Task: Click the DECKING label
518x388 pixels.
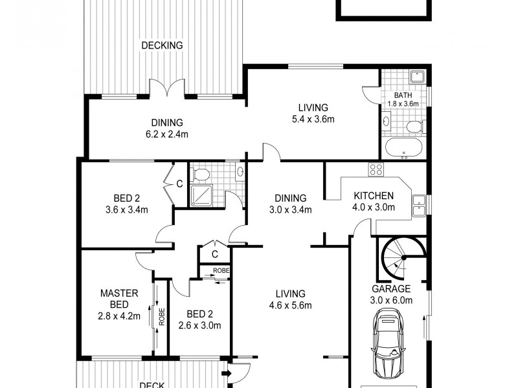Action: pos(162,45)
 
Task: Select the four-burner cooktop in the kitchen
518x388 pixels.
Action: pos(376,169)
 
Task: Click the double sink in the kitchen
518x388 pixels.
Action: pos(418,206)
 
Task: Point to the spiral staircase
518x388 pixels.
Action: pos(403,258)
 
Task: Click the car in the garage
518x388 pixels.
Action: pos(388,343)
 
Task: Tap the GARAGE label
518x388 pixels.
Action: pos(391,288)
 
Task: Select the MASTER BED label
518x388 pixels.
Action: pos(119,299)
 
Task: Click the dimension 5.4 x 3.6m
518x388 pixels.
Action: pos(313,119)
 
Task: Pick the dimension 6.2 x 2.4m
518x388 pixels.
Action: pos(167,135)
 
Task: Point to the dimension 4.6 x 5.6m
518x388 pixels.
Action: pos(290,305)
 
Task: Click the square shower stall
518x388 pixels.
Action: pos(201,195)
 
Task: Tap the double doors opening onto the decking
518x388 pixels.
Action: pos(167,89)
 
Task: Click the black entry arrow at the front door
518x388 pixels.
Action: pos(226,373)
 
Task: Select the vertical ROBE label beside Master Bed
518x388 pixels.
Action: pos(161,317)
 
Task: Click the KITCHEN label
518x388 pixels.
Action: pos(374,196)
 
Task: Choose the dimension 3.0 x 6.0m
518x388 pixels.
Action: pos(391,300)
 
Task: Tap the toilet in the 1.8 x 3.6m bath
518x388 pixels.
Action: pos(415,127)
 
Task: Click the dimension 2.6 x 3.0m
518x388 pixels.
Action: pos(199,325)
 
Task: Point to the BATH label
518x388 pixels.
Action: pos(403,95)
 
